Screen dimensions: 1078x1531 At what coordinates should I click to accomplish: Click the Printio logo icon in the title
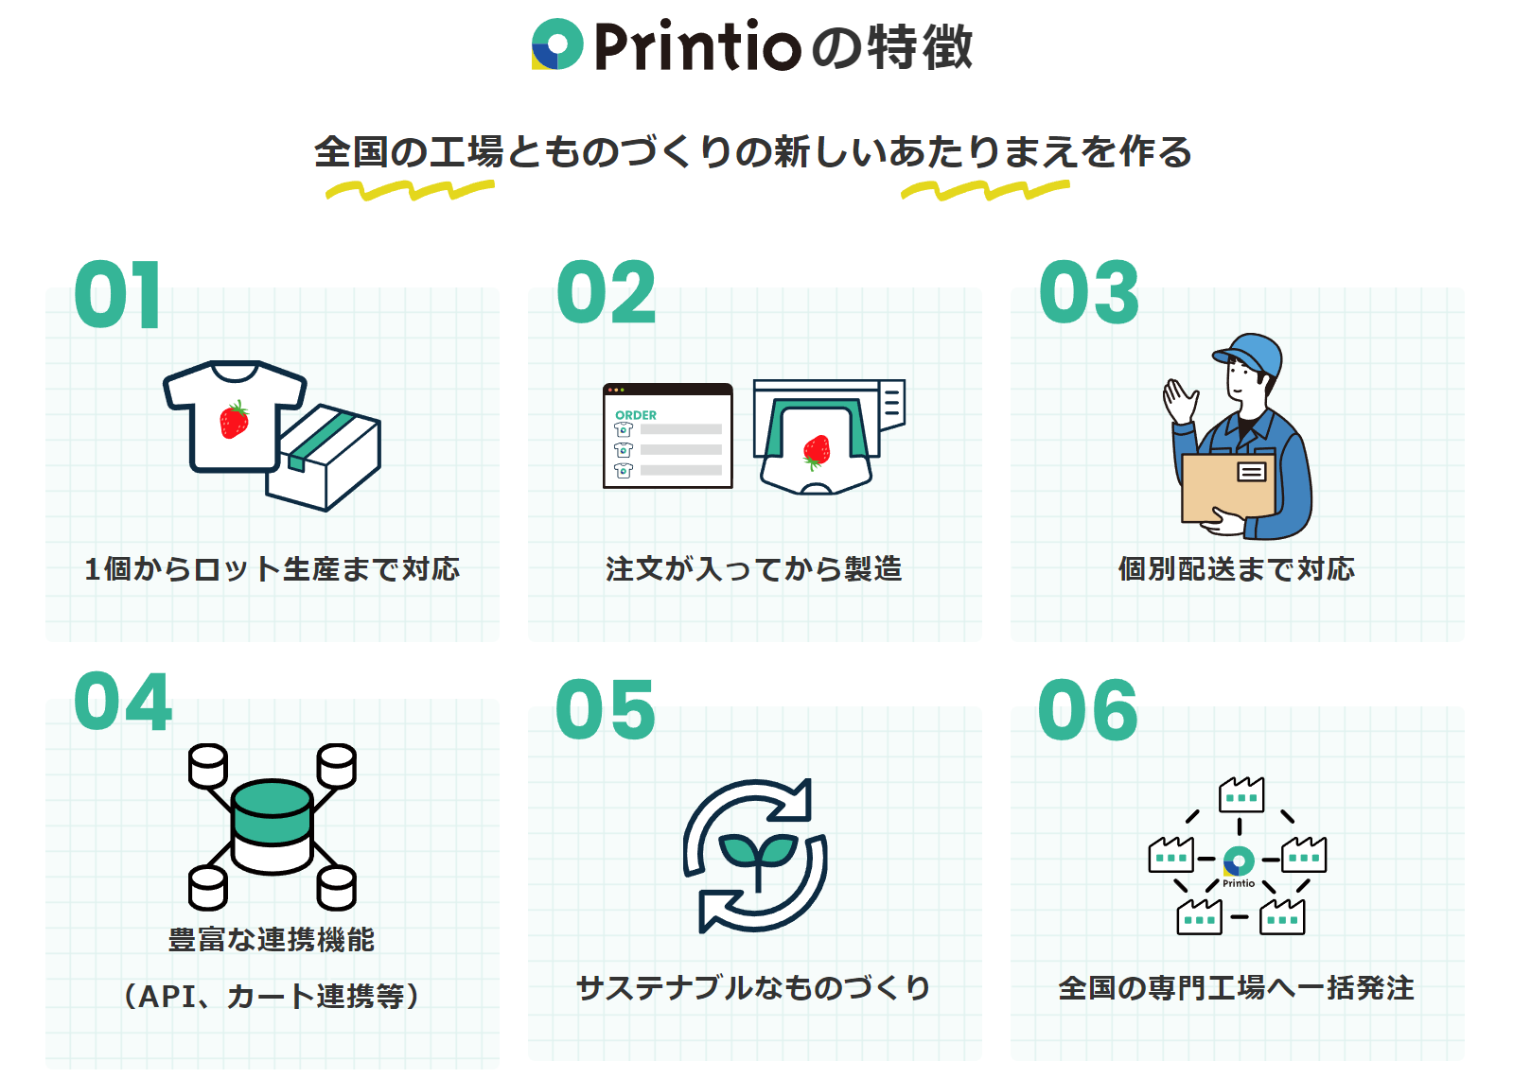coord(557,44)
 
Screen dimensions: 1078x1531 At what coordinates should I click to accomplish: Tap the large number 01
coord(117,295)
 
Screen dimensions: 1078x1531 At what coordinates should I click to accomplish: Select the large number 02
coord(606,293)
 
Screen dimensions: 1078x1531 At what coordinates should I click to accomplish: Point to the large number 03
coord(1089,293)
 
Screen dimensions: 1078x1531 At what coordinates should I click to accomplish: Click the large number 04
coord(123,703)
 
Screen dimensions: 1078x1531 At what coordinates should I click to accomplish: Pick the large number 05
coord(606,710)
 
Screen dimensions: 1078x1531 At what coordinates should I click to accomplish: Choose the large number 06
coord(1088,710)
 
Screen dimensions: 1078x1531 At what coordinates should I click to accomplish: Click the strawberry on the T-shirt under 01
coord(234,420)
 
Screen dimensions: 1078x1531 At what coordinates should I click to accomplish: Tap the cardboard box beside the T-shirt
coord(326,459)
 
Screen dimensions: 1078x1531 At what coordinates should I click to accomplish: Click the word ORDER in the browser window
coord(636,415)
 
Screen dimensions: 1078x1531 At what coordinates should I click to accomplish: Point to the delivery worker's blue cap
coord(1251,352)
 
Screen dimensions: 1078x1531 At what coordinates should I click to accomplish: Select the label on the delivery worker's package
coord(1252,471)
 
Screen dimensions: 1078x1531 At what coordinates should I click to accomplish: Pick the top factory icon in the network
coord(1241,795)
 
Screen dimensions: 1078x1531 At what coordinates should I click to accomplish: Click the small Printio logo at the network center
coord(1239,861)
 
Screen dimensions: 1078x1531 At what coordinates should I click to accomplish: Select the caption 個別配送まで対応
coord(1237,569)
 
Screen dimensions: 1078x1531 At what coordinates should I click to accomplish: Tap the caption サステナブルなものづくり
coord(754,988)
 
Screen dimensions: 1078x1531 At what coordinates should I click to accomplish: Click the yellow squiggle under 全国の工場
coord(410,191)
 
